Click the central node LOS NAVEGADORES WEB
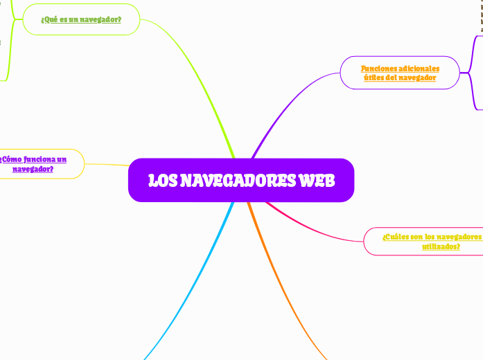coord(240,180)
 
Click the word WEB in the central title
coord(317,181)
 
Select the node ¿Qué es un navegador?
coord(81,19)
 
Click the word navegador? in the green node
coord(102,19)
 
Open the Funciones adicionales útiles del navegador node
coord(400,73)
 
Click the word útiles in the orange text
coord(375,78)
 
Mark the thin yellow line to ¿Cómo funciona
coord(107,165)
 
